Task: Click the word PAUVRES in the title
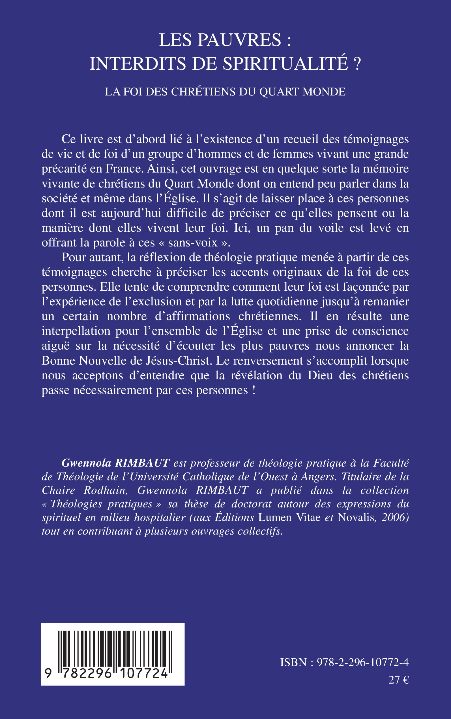[x=240, y=40]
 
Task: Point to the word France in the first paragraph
[x=123, y=169]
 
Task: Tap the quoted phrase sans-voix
[x=193, y=243]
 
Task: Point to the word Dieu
[x=320, y=375]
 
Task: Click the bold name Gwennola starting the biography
[x=86, y=463]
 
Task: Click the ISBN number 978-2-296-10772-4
[x=362, y=663]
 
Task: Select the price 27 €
[x=398, y=680]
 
